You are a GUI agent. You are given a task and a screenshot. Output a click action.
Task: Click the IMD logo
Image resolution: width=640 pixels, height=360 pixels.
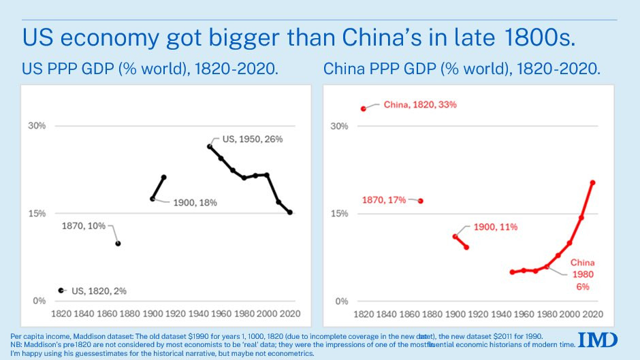point(598,340)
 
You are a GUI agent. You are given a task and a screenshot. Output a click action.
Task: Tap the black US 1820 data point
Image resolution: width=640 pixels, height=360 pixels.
point(61,291)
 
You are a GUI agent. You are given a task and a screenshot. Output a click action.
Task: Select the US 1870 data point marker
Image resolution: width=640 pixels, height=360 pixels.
point(118,243)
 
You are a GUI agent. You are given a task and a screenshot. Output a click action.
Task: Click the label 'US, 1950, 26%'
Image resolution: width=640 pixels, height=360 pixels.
point(252,139)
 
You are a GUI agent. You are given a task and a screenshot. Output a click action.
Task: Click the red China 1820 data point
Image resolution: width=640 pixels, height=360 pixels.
point(364,108)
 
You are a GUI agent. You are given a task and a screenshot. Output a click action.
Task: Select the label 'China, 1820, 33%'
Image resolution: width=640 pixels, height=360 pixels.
point(419,105)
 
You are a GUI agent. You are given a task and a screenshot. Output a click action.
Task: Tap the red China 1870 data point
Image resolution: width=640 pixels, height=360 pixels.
point(421,201)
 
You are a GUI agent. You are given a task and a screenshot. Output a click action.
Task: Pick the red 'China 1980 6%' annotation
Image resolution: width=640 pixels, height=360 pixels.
point(582,274)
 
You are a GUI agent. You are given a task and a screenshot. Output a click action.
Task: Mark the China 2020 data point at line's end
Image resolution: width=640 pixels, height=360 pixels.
point(593,182)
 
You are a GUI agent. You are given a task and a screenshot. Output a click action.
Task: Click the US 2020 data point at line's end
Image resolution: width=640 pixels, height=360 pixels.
point(290,213)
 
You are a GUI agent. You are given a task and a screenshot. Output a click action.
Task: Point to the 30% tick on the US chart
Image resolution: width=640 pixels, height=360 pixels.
point(36,126)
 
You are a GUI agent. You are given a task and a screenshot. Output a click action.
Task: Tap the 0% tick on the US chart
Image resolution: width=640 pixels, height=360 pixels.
point(39,301)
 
